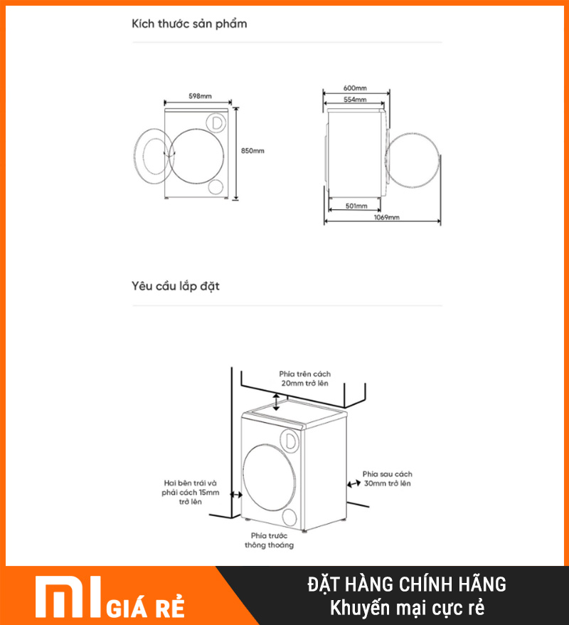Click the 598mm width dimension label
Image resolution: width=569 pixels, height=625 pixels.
tap(200, 96)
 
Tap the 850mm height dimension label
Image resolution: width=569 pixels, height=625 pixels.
tap(252, 151)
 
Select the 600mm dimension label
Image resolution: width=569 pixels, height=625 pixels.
tap(355, 88)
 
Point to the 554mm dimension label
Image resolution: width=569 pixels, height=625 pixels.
tap(355, 99)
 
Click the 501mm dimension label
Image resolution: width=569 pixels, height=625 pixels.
tap(356, 206)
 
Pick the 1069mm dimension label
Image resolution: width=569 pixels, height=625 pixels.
tap(386, 217)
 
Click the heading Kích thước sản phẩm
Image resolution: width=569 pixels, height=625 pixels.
tap(189, 24)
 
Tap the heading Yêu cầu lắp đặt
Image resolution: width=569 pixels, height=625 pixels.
tap(176, 285)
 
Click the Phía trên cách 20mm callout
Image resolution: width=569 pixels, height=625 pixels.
tap(304, 379)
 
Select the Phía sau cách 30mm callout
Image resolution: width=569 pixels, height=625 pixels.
tap(387, 478)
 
